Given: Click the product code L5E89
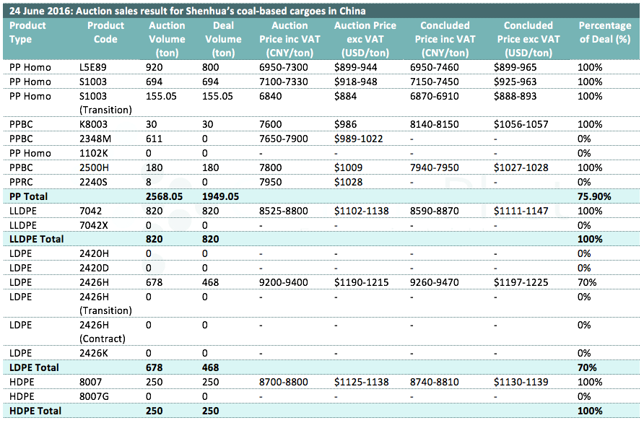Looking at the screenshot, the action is coord(94,67).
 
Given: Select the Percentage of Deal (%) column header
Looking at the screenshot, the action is coord(605,32).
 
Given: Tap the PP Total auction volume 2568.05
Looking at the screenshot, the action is coord(165,196).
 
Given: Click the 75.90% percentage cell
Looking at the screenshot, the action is coord(594,196).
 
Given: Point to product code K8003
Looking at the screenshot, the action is coord(93,124).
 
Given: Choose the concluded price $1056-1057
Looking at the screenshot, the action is coord(521,124).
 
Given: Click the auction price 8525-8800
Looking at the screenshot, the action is coord(284,211).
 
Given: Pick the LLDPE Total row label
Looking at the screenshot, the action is coord(37,239).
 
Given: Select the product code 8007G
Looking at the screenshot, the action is coord(94,396).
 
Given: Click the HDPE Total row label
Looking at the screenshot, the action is coord(35,411).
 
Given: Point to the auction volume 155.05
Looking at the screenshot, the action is coord(161,96).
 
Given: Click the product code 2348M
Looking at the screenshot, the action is coord(95,139).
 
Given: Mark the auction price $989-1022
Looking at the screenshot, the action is coord(359,139).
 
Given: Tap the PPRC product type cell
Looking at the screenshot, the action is coord(21,182).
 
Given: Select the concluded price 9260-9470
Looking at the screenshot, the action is coord(435,282).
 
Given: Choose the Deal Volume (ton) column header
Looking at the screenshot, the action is coord(223,39).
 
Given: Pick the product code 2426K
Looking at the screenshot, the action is coord(94,353).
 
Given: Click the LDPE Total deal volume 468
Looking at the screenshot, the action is coord(210,367).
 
